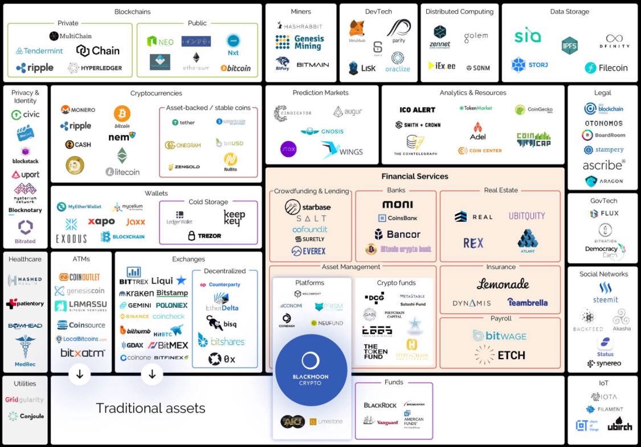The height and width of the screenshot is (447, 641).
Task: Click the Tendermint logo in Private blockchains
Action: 39,51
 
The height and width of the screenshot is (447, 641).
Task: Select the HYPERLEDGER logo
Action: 95,68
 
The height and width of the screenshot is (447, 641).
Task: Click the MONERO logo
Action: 78,109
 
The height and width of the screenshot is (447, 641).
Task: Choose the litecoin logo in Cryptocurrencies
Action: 123,172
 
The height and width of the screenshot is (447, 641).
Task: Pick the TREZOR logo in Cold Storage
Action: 205,235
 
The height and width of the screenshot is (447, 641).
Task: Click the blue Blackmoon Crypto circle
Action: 311,368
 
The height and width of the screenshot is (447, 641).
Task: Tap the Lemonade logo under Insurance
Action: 503,283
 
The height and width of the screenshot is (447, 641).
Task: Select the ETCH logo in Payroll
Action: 500,355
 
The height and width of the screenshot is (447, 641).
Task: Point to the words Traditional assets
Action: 150,408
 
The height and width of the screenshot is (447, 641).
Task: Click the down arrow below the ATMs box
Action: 80,374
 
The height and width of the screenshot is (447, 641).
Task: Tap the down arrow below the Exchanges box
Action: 152,374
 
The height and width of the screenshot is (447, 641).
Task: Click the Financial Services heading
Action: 415,177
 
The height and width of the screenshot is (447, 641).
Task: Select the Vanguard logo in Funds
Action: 381,422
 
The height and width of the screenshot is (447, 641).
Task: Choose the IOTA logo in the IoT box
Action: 604,397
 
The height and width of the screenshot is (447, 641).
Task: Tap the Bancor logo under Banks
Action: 397,234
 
